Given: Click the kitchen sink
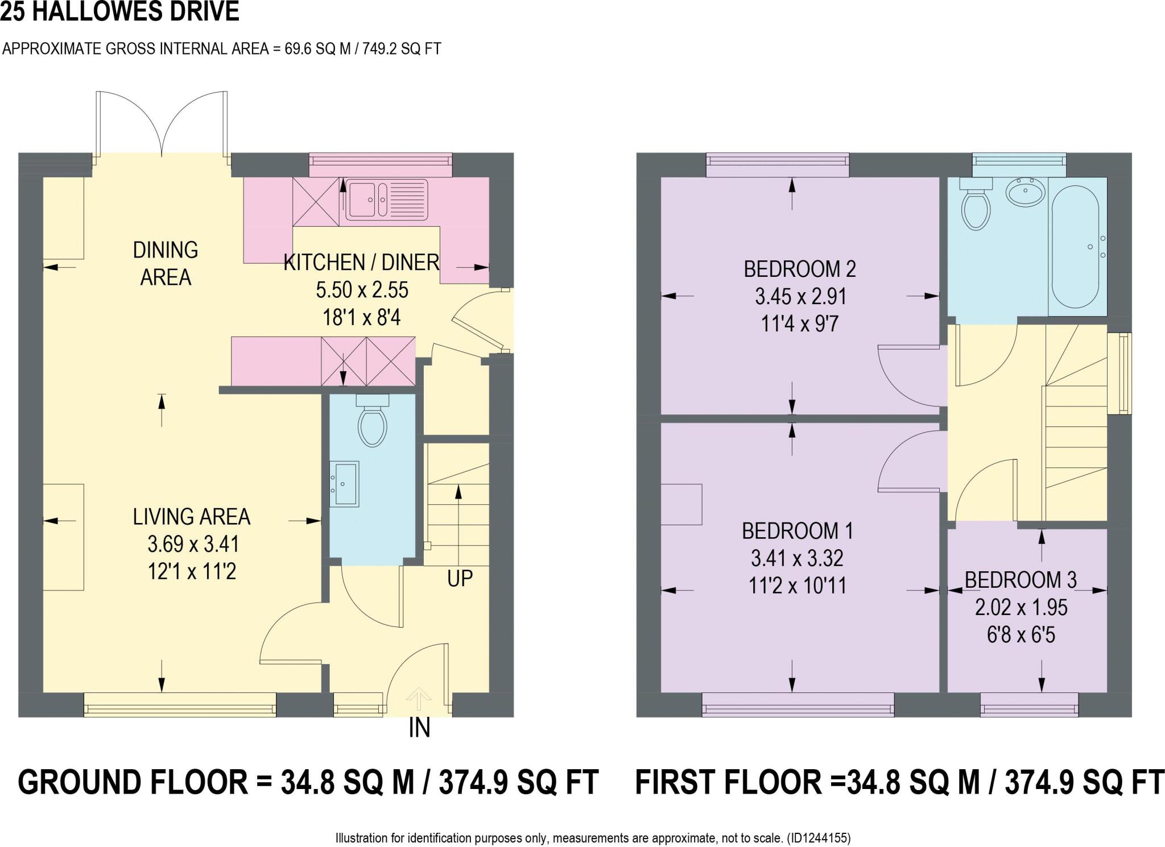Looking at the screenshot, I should pos(386,199).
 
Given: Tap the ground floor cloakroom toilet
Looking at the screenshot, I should pos(373,423).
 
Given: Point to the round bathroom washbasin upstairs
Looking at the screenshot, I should pos(1025,192).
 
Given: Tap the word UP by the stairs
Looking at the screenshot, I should pos(460,579).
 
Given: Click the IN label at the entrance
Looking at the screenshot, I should pos(419,728).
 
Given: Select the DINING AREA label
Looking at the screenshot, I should pos(166,264).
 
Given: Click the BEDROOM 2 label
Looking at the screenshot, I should pos(800,269).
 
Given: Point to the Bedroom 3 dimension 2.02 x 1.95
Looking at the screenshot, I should pos(1021,608).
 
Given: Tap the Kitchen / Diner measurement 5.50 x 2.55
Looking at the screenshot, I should pos(362,290).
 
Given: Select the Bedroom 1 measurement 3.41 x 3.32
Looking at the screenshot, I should pos(796,558).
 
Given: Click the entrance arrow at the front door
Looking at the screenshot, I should pos(419,698).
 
